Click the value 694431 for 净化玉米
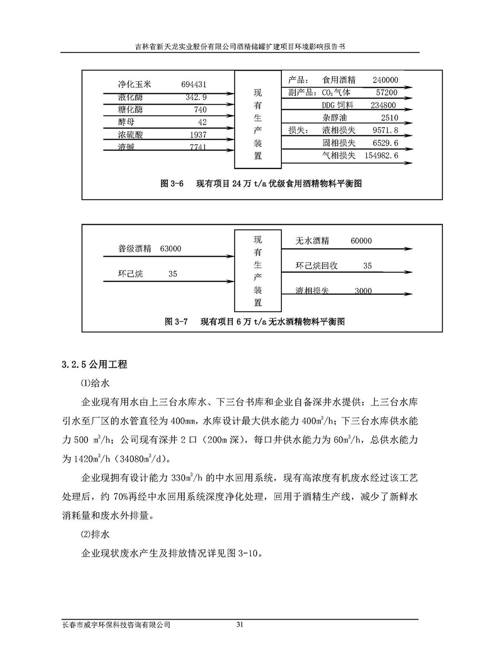[194, 84]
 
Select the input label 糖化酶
[131, 109]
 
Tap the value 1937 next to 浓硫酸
[198, 135]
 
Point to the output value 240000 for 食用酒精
[385, 80]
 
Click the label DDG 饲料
[338, 105]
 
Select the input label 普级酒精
[135, 249]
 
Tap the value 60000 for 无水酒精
[361, 241]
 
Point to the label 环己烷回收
[316, 266]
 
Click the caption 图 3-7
[176, 321]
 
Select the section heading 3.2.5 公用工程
[95, 364]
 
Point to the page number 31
[240, 624]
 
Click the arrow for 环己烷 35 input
[168, 282]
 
